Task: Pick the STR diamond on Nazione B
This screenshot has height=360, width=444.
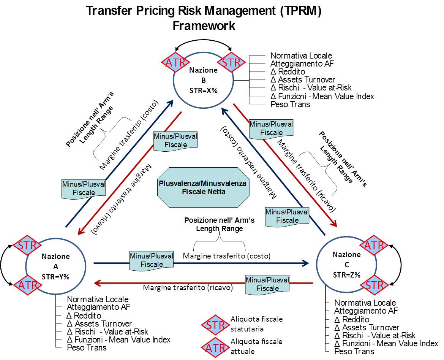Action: pos(231,62)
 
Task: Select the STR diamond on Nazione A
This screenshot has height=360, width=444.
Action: pos(27,245)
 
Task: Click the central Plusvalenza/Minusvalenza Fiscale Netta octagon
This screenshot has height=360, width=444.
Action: pos(203,187)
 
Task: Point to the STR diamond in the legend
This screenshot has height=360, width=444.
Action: pos(215,325)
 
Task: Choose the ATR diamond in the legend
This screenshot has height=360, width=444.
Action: pos(215,347)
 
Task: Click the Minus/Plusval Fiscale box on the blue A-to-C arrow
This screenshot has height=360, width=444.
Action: pos(151,260)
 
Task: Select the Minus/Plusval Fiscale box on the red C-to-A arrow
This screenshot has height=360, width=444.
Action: pos(267,284)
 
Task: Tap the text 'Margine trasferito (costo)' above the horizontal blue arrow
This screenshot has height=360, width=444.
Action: pos(226,256)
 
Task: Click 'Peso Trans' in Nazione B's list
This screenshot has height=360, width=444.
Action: pos(290,104)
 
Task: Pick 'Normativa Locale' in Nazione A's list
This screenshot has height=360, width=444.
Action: pos(98,299)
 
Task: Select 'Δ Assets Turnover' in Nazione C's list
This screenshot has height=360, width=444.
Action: pos(367,327)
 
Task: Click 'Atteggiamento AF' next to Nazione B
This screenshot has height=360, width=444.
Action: pos(302,63)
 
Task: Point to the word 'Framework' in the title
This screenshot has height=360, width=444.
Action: pos(204,25)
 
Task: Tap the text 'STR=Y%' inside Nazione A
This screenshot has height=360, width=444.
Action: pos(55,277)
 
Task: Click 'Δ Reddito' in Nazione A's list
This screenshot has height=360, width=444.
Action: pos(84,316)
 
